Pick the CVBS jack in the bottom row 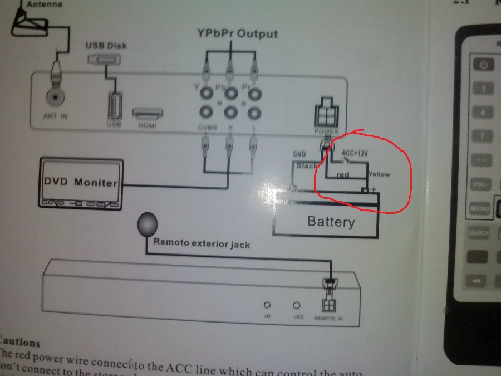207,114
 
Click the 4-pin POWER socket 327,114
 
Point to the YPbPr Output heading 237,33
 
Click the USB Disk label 105,46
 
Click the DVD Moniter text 80,182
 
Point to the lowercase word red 342,175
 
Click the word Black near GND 307,166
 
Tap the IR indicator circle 267,305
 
